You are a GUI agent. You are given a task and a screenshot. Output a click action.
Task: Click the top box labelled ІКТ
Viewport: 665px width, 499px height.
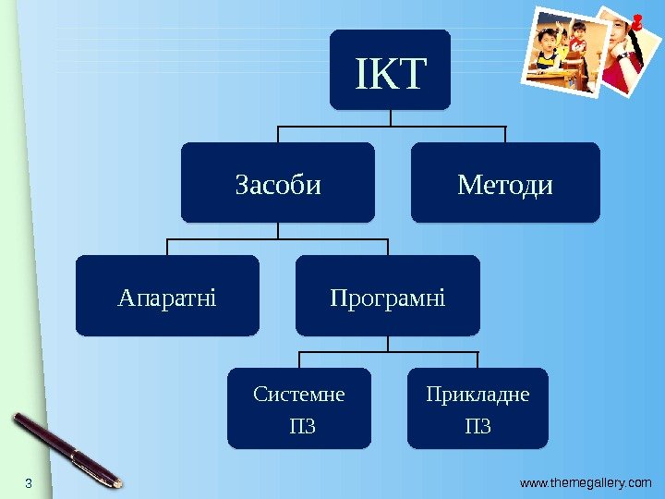point(390,68)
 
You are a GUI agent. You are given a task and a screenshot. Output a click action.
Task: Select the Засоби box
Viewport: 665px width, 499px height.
point(278,182)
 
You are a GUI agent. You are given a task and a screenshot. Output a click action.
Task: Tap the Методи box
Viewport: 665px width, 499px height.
point(505,182)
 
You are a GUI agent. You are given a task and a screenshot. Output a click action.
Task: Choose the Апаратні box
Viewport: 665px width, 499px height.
point(167,296)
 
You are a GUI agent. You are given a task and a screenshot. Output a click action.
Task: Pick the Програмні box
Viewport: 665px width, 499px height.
point(388,296)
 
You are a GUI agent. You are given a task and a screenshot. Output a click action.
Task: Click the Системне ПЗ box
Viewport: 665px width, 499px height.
point(299,408)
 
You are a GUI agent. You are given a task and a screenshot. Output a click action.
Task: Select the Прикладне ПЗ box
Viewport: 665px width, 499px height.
point(478,408)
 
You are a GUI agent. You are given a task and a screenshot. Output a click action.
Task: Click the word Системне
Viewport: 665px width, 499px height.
point(299,395)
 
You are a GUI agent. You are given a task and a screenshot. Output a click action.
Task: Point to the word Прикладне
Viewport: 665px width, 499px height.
point(478,395)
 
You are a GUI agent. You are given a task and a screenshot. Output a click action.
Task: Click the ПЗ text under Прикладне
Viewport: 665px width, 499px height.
point(478,426)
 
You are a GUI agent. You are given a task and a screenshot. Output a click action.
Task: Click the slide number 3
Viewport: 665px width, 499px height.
point(28,483)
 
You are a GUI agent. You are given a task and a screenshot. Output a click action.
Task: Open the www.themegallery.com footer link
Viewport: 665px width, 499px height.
point(586,482)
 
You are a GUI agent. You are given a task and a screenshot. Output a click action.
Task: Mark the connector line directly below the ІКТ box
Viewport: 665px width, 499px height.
point(390,116)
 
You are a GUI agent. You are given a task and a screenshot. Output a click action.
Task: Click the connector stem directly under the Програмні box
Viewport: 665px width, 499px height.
point(388,343)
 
